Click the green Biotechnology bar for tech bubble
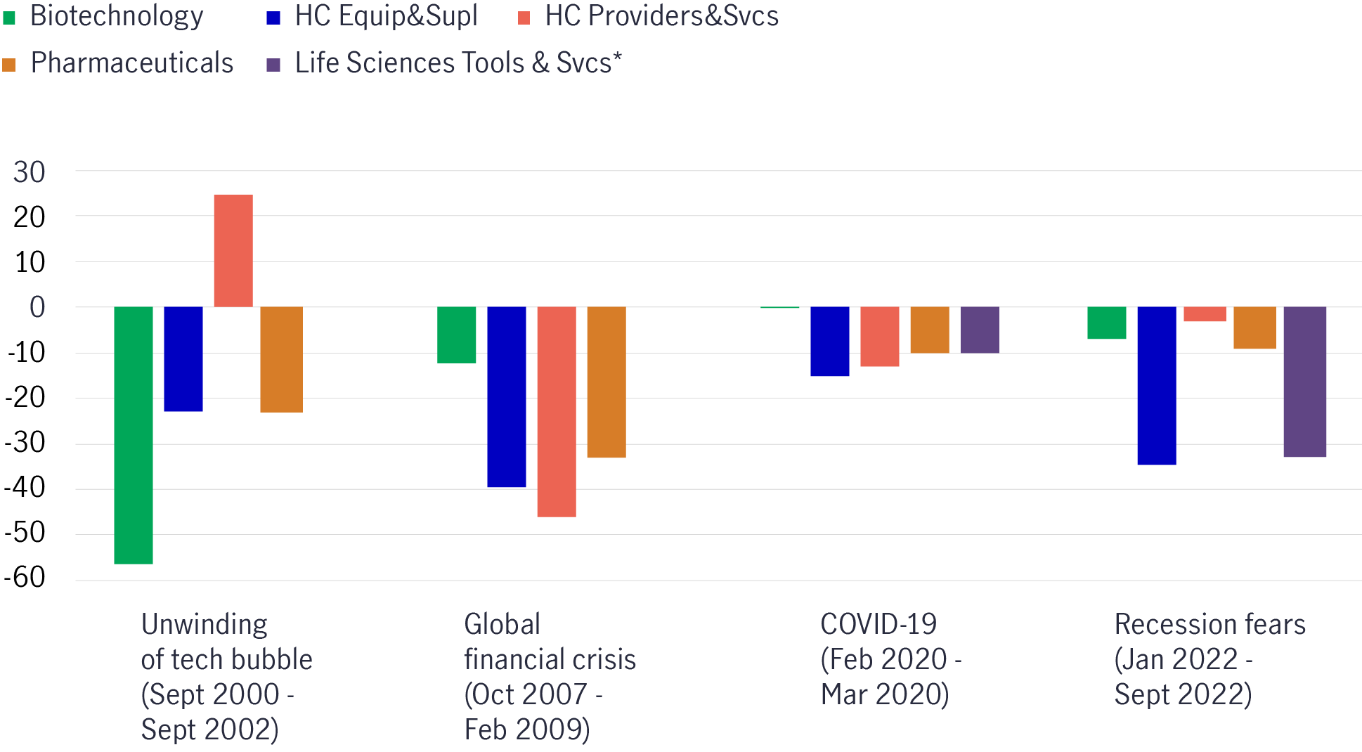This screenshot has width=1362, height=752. (134, 435)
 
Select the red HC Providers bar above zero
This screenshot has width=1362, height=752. (233, 251)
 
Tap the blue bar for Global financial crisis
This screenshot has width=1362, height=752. (507, 397)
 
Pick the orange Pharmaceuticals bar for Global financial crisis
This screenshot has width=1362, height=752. (607, 382)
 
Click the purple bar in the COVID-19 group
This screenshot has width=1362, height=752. (980, 330)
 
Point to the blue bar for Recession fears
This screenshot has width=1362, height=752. (1157, 386)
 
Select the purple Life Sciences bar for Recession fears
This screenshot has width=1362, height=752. (1305, 382)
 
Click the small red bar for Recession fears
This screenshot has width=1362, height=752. (1205, 314)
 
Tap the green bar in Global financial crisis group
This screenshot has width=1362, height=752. (457, 335)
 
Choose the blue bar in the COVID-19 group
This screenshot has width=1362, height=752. (830, 342)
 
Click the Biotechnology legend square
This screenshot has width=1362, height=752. (9, 18)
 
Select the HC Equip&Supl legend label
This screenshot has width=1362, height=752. (386, 16)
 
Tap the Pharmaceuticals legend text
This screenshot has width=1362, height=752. (131, 63)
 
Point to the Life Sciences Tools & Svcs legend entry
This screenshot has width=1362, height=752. (458, 63)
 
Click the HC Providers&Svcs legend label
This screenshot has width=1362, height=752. (661, 16)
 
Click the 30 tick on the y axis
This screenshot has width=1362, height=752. (30, 172)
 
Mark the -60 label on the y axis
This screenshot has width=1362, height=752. (25, 578)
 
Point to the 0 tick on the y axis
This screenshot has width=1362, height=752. (37, 307)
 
